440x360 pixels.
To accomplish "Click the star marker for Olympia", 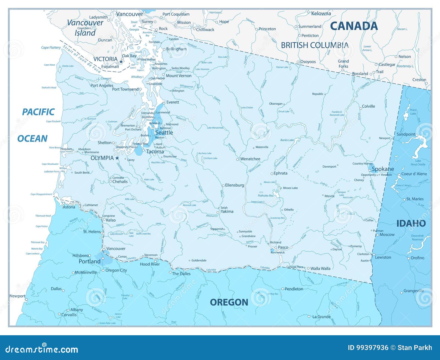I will [x=117, y=158].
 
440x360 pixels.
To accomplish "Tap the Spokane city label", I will [x=383, y=169].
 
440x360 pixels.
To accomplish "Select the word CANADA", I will [x=354, y=26].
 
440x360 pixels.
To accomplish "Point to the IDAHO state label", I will [x=411, y=223].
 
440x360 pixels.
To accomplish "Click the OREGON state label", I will [x=229, y=302].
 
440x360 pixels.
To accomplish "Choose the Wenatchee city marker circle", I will [x=238, y=159].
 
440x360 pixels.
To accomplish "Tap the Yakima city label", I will [x=227, y=211].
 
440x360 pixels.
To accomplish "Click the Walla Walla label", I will [x=320, y=268].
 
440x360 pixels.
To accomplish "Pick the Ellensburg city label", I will [x=234, y=185].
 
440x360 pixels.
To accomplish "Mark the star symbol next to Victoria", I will [x=121, y=62].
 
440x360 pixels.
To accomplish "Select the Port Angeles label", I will [x=102, y=85].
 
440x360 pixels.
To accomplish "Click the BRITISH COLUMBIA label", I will [x=315, y=45].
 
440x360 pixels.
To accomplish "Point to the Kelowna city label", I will [x=321, y=13].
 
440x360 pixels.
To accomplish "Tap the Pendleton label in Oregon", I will [x=294, y=289].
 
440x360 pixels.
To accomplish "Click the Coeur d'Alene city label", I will [x=414, y=174].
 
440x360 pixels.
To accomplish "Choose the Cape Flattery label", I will [x=51, y=48].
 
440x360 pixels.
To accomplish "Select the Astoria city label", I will [x=69, y=207].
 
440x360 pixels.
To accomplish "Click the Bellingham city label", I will [x=176, y=49].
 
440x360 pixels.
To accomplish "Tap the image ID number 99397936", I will [x=368, y=348].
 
